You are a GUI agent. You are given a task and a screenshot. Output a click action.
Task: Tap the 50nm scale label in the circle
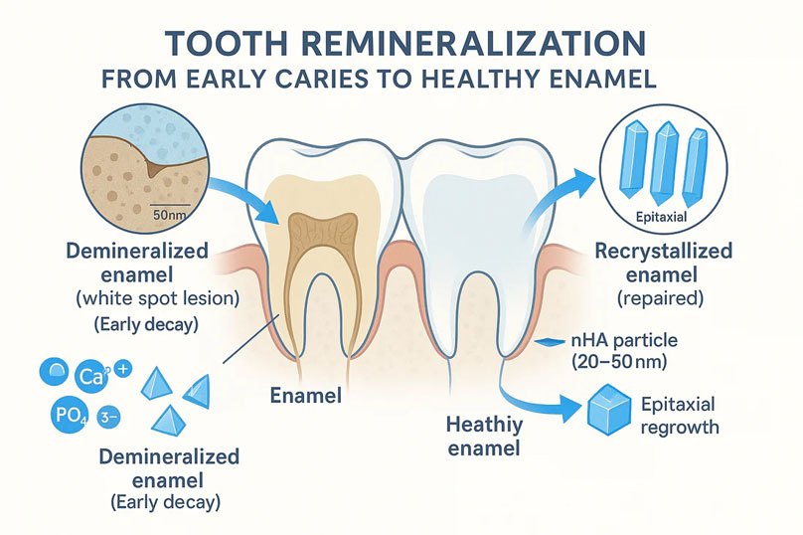(169, 215)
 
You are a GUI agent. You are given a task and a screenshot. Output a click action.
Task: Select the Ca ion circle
(91, 377)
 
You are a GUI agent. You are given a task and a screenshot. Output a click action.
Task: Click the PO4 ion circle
(71, 415)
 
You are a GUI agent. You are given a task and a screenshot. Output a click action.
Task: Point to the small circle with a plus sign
(123, 369)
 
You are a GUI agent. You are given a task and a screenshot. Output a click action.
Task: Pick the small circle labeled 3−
(108, 418)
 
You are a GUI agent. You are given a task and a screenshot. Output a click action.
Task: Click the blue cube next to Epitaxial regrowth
(608, 410)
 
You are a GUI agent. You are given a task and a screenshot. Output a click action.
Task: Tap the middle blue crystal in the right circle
(664, 162)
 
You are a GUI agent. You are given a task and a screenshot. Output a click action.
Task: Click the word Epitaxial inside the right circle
(661, 217)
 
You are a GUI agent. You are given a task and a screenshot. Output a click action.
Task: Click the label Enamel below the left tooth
(306, 395)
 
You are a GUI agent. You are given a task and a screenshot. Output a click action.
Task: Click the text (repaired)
(661, 297)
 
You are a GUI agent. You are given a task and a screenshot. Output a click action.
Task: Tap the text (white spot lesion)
(158, 297)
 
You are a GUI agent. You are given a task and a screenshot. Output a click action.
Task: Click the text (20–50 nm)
(619, 362)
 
